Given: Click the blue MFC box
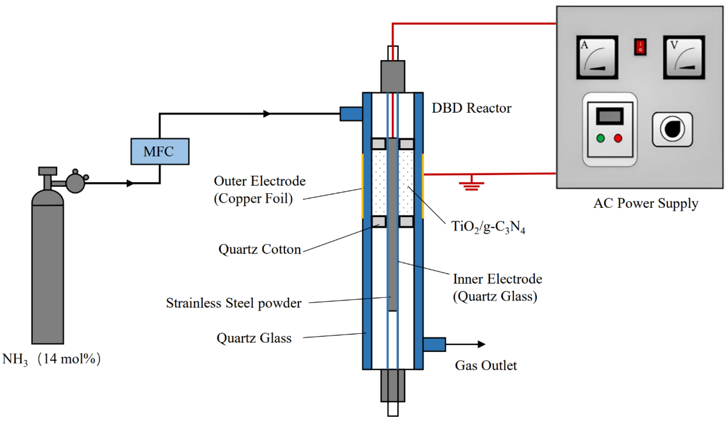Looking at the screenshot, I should pos(160,152).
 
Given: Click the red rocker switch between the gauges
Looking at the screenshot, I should pos(640,47).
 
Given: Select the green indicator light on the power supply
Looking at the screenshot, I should pos(600,138).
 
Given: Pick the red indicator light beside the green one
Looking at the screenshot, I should pos(618,138).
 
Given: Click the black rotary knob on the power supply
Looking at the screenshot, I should pos(672,129).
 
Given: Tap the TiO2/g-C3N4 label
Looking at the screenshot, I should pos(488,227).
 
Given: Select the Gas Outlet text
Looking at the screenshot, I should pos(486,365).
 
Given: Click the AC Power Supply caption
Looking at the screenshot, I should pos(646,203).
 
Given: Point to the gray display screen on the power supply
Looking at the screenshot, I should pos(609,116).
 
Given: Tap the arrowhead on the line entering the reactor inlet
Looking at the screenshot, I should pos(266,114).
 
